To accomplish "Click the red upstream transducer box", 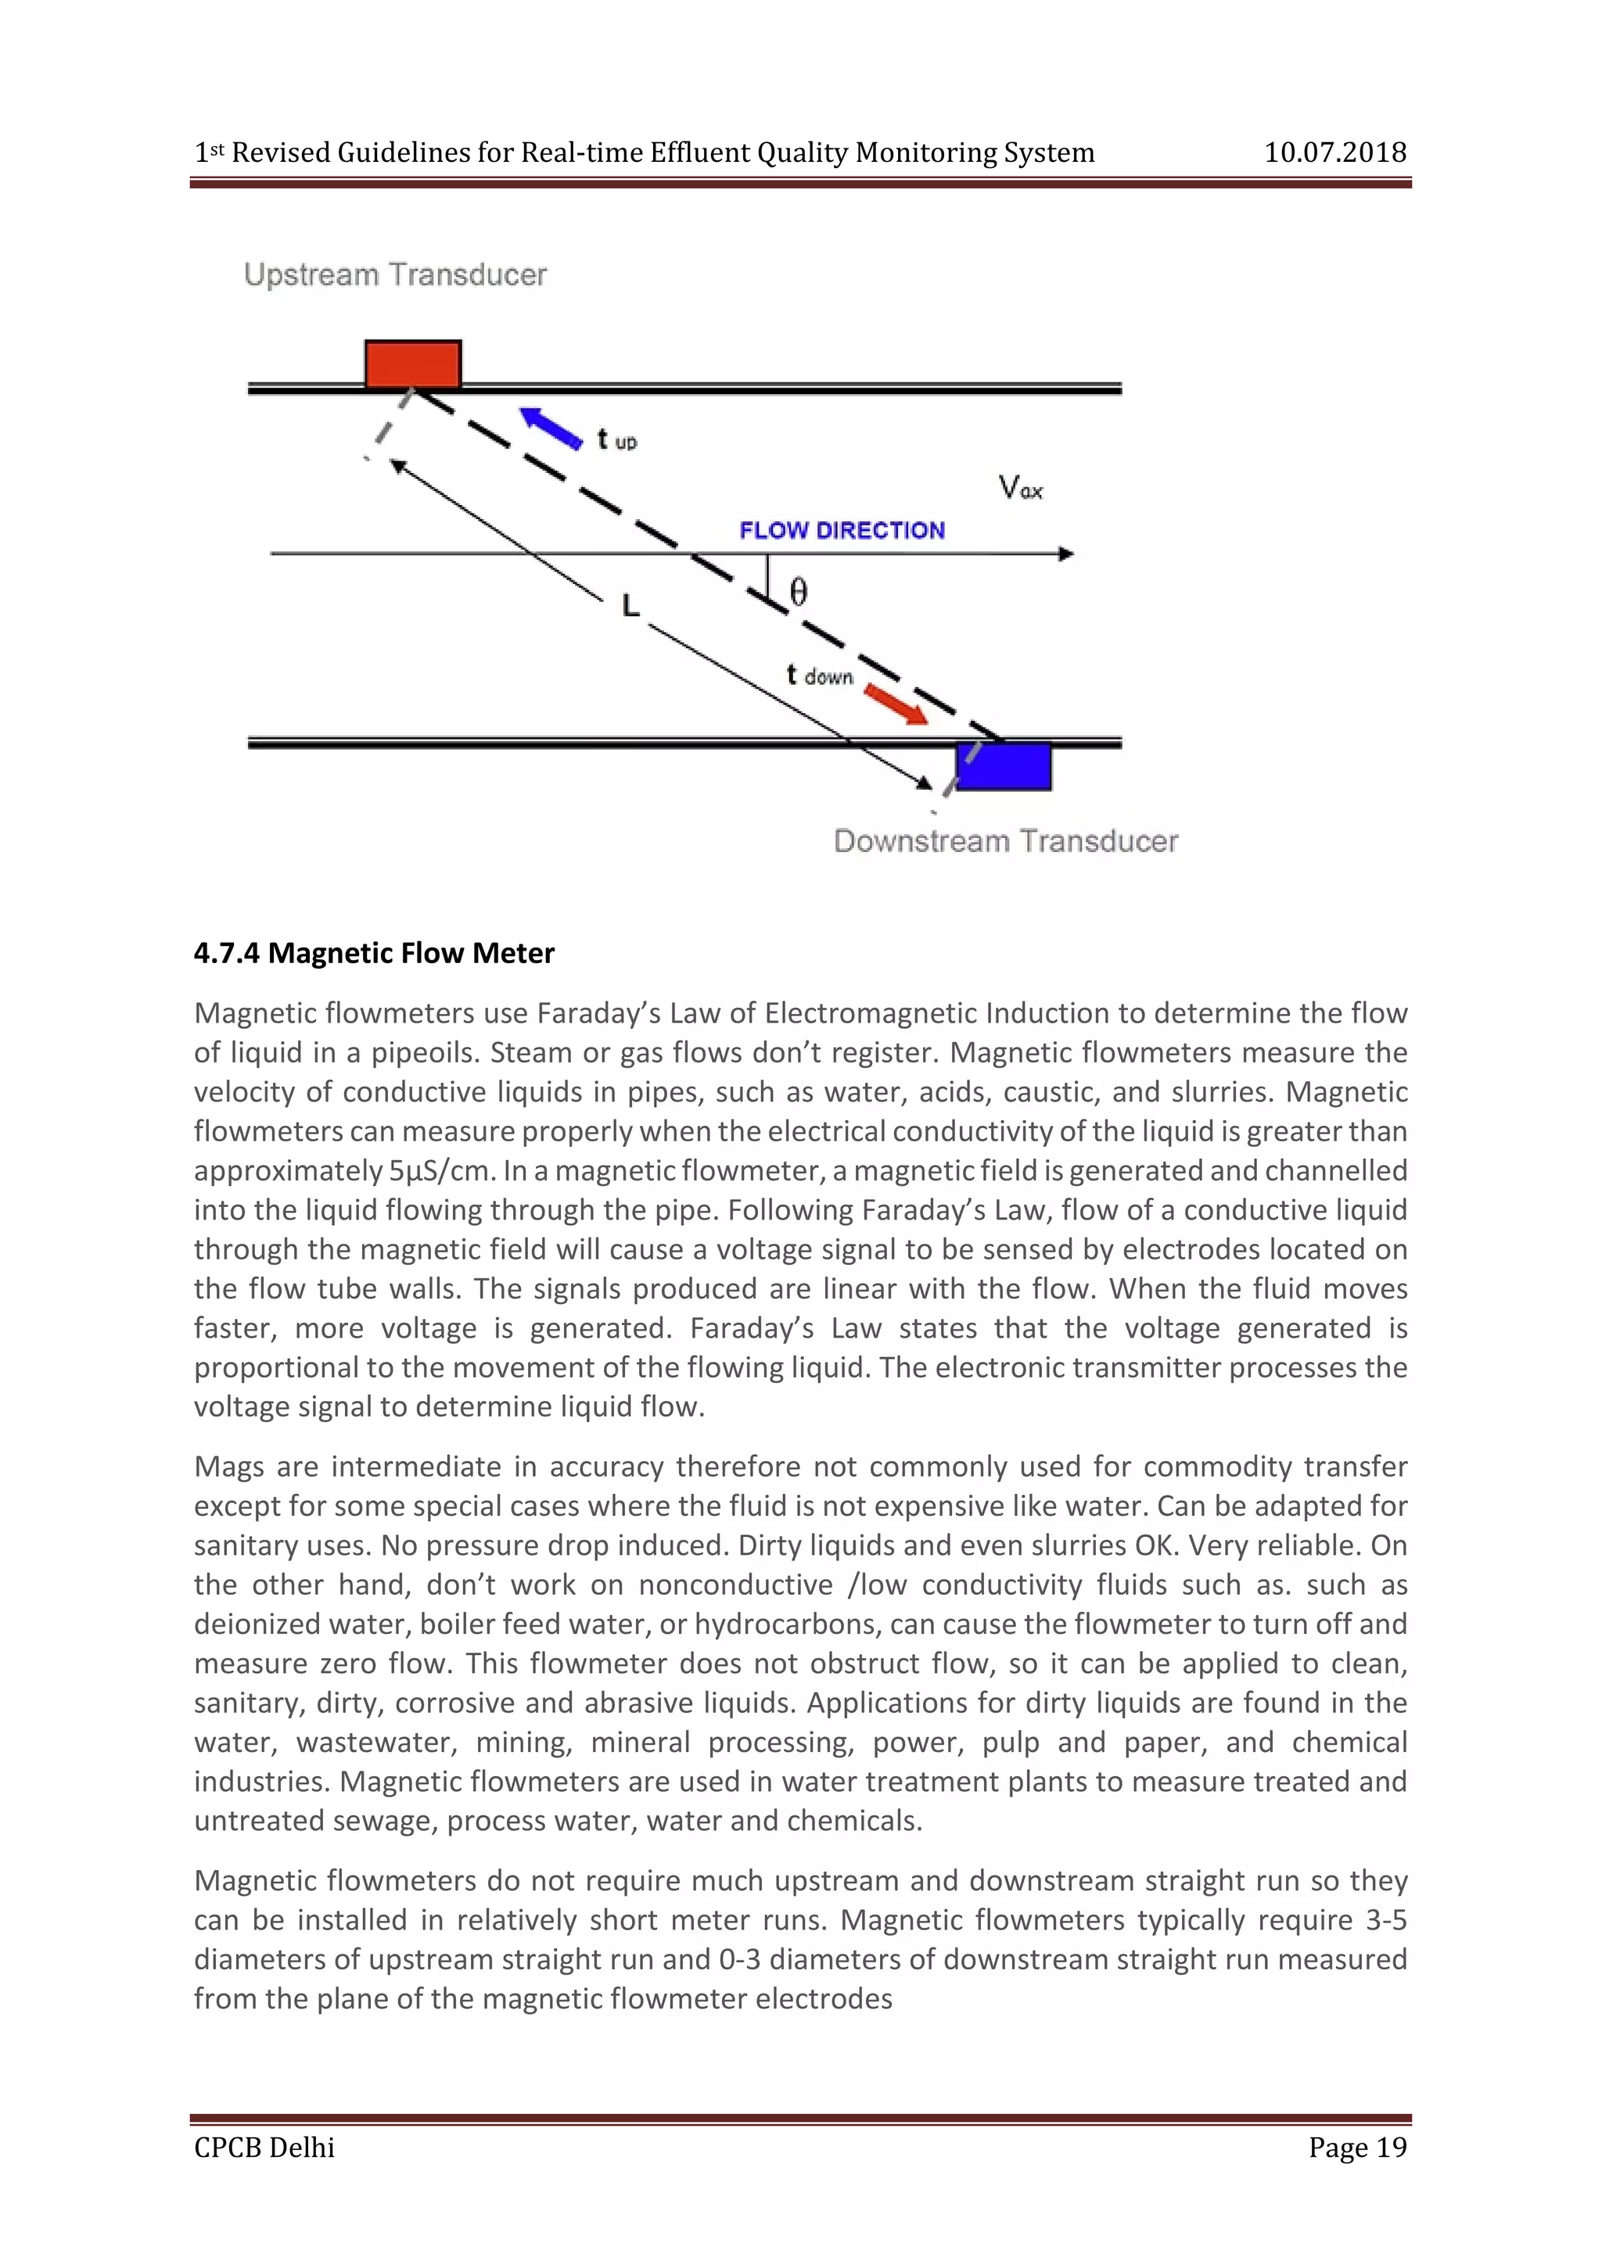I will point(412,365).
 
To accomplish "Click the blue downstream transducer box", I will point(1004,766).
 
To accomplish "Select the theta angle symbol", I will point(798,592).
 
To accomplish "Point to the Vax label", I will point(1020,487).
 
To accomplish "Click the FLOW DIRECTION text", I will point(842,531).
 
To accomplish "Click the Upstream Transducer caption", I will point(394,274).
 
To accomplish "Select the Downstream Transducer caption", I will point(1005,841).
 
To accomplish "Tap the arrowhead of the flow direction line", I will point(1065,554).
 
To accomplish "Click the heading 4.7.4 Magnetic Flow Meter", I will point(374,952).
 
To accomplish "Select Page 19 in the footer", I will point(1356,2147).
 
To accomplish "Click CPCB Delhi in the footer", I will point(264,2147).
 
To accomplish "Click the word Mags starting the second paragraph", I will point(227,1467).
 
